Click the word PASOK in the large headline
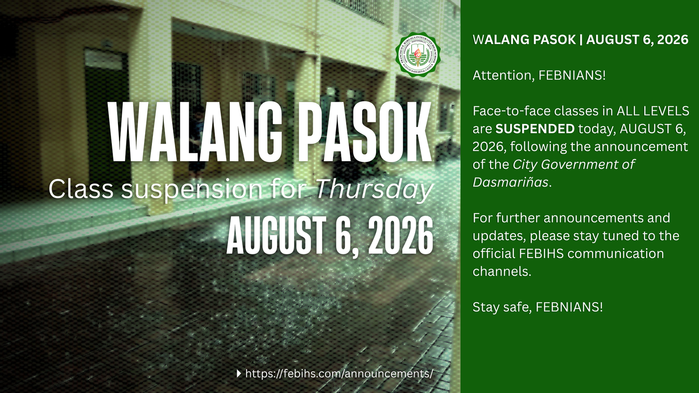(364, 132)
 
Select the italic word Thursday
(374, 190)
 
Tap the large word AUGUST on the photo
(277, 236)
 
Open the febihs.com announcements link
(339, 373)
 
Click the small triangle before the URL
(239, 373)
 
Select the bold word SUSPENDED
(535, 129)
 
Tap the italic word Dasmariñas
(510, 182)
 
